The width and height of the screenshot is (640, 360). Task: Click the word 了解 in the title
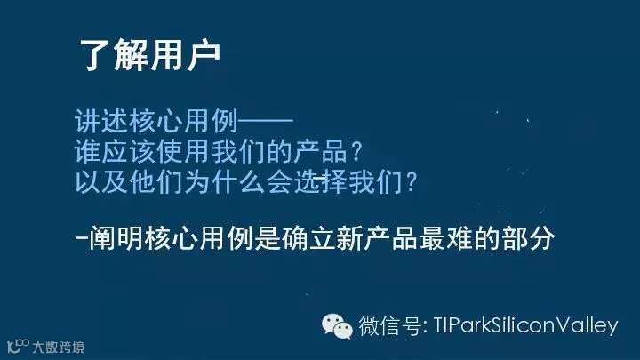(x=115, y=55)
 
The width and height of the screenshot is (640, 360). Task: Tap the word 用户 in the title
(x=185, y=55)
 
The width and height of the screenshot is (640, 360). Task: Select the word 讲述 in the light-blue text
(x=101, y=121)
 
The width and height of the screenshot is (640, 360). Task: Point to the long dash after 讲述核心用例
(x=266, y=121)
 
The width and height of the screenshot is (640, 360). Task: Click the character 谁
(x=88, y=151)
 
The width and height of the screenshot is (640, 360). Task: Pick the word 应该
(x=129, y=151)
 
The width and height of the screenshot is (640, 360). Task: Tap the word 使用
(x=183, y=151)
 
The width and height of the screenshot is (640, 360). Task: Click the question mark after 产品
(x=356, y=151)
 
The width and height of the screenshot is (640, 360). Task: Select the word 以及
(x=101, y=181)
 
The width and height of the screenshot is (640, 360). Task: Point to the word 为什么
(x=225, y=181)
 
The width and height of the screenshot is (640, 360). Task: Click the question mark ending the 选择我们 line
(x=411, y=181)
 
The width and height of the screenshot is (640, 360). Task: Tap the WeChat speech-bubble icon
(x=337, y=326)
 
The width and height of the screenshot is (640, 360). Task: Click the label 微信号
(x=390, y=326)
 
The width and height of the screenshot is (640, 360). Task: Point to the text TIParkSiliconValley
(x=525, y=326)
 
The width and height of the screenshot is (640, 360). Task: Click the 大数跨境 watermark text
(x=59, y=348)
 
